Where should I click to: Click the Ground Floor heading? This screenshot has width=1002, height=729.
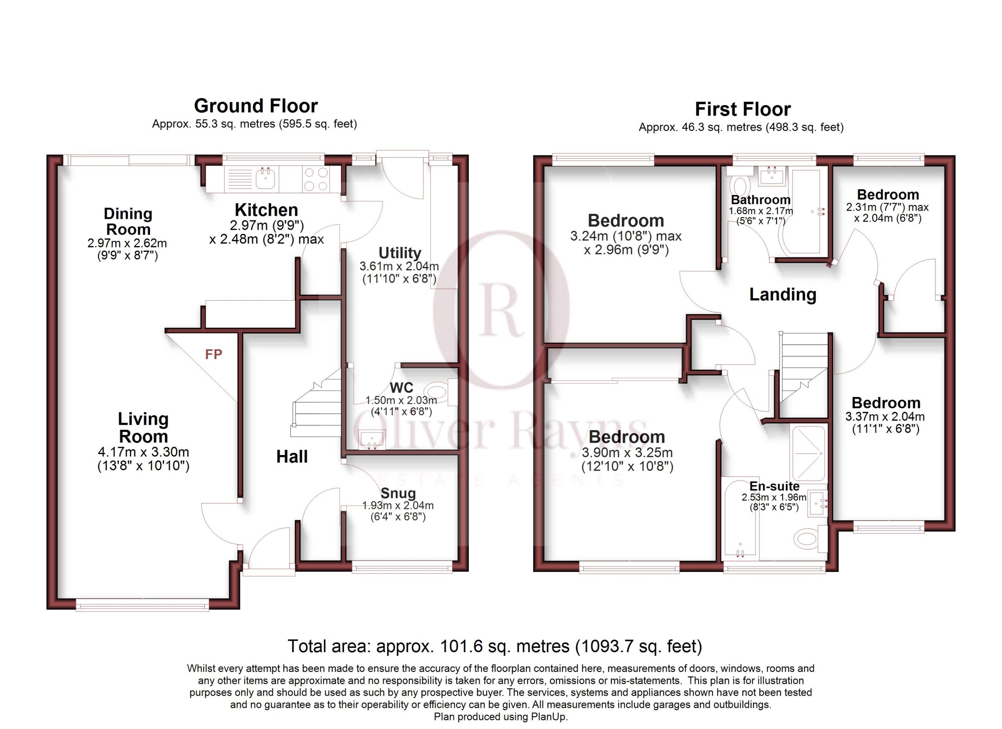click(256, 106)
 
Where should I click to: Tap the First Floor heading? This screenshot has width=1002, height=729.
click(742, 109)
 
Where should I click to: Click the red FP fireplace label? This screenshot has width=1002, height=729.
click(213, 354)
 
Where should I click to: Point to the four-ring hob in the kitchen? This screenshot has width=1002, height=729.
click(316, 179)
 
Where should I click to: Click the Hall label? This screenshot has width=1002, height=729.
click(292, 457)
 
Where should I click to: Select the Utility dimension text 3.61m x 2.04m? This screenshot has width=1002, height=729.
click(399, 266)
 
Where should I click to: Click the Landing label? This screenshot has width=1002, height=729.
click(783, 295)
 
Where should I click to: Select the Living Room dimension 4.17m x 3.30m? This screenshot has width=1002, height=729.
click(143, 452)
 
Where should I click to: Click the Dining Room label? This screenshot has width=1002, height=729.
click(128, 221)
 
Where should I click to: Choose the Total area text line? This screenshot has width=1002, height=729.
click(495, 646)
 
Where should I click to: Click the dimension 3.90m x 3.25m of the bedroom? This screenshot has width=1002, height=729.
click(627, 453)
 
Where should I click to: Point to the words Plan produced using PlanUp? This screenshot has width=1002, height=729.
click(501, 716)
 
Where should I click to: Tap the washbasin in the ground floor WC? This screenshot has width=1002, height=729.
click(371, 440)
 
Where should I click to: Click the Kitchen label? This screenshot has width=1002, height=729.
click(266, 210)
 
